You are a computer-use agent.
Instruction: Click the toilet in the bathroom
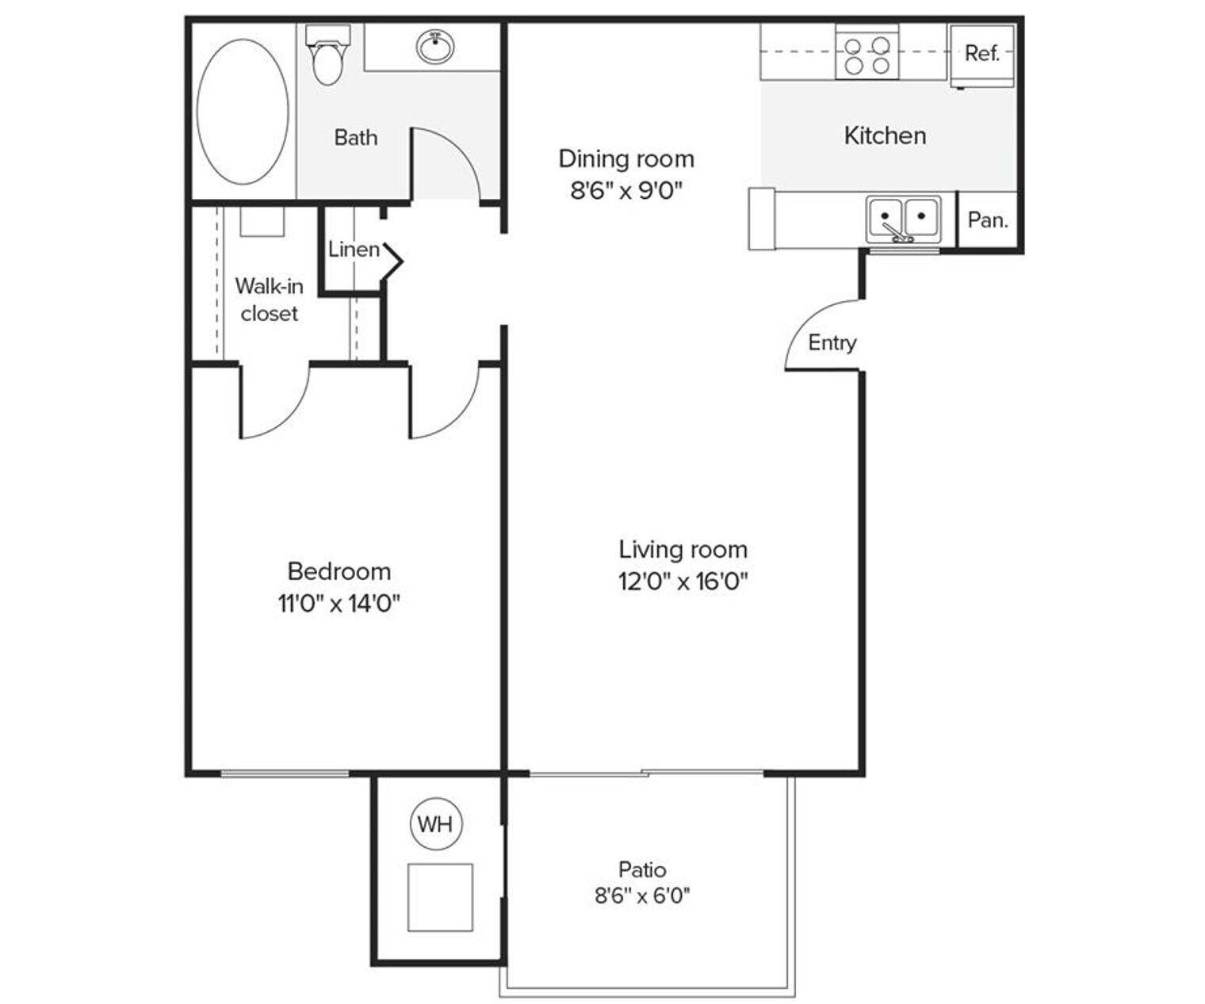327,57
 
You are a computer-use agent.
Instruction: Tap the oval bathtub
243,112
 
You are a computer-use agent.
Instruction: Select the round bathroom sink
435,47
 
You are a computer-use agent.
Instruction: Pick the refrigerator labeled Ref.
981,54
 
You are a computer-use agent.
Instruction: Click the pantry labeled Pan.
987,220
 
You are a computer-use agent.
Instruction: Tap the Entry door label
832,342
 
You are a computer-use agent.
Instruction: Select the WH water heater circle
435,824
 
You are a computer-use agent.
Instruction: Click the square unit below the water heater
440,897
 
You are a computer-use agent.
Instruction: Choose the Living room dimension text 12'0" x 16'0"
683,582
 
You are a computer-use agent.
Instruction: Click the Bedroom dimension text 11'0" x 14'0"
339,604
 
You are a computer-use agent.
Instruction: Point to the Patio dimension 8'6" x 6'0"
642,895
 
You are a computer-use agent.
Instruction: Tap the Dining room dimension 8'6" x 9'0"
626,191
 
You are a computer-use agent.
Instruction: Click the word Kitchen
885,136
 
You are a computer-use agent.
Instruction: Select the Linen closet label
354,249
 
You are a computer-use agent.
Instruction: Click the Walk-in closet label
270,299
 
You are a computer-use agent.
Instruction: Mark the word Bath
355,137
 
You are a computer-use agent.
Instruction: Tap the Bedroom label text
339,571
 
